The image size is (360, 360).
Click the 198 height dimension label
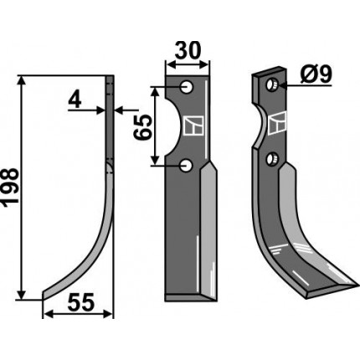[x=10, y=188]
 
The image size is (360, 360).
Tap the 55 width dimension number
[x=81, y=302]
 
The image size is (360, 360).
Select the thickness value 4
[x=75, y=100]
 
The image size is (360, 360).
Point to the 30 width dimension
[x=187, y=51]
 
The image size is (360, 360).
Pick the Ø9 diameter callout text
[x=316, y=75]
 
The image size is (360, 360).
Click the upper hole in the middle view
[x=187, y=87]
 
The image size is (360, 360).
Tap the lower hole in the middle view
[x=186, y=166]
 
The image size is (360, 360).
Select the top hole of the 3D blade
[x=271, y=84]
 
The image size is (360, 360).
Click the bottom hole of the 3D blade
[x=270, y=159]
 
